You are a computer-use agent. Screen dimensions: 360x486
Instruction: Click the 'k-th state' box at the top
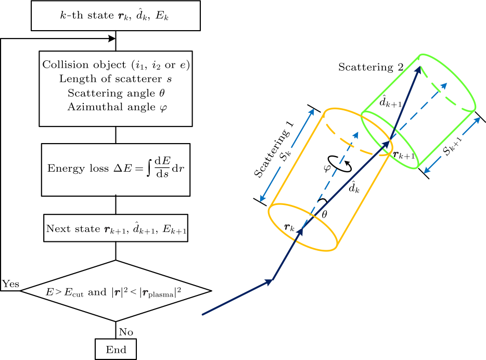pyautogui.click(x=116, y=17)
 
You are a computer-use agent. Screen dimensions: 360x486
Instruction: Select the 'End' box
pyautogui.click(x=116, y=350)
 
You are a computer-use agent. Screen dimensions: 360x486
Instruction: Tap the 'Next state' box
pyautogui.click(x=116, y=228)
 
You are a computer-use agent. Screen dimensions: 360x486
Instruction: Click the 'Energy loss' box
pyautogui.click(x=116, y=170)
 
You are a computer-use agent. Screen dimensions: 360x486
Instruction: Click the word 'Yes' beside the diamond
pyautogui.click(x=10, y=284)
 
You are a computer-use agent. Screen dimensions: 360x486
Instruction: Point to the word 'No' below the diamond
pyautogui.click(x=126, y=331)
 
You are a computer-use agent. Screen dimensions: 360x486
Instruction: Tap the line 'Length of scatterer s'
pyautogui.click(x=116, y=79)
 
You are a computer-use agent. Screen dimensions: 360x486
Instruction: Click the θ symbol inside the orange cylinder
pyautogui.click(x=325, y=214)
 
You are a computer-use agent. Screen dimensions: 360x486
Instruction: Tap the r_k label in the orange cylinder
pyautogui.click(x=290, y=227)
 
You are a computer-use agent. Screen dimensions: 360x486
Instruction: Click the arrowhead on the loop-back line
pyautogui.click(x=111, y=38)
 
